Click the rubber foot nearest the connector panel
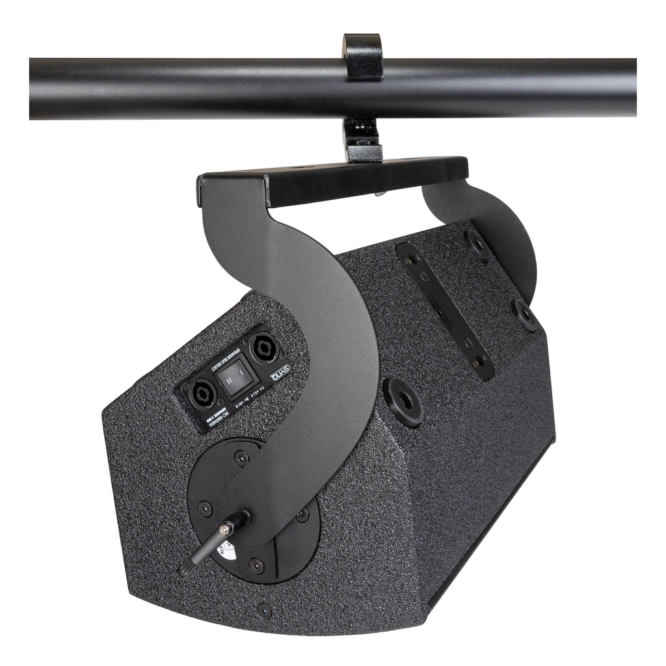pos(403,401)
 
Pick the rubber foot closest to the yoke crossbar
pos(480,245)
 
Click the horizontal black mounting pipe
pos(163,89)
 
